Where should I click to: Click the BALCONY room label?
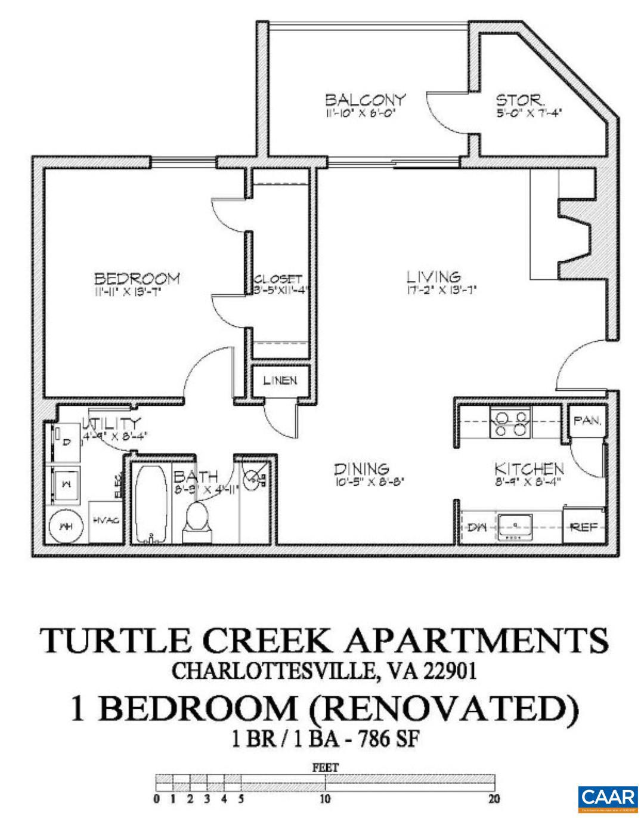[366, 99]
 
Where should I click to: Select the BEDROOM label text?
[137, 278]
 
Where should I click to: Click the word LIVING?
[434, 277]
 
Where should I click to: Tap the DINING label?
[361, 470]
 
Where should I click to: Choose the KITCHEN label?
[529, 469]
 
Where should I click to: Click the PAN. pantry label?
[587, 421]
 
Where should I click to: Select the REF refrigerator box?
[584, 527]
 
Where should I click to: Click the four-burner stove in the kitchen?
[510, 422]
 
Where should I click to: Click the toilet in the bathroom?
[198, 518]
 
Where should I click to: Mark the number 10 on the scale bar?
[326, 799]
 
